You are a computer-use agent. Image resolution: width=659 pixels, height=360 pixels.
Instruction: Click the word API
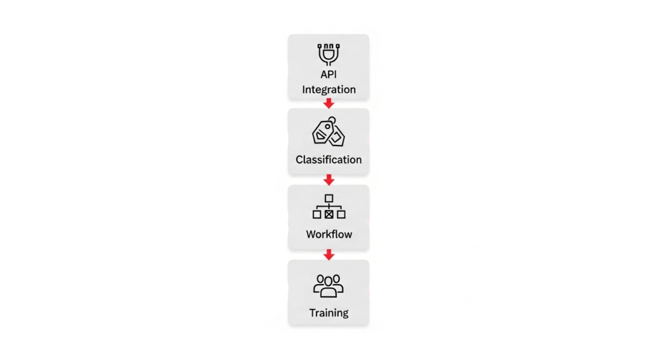329,75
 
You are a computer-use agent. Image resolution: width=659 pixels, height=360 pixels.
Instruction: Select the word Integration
329,90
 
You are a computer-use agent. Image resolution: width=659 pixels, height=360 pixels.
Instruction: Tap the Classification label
329,160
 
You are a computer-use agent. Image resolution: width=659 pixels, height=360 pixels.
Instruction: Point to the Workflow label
329,234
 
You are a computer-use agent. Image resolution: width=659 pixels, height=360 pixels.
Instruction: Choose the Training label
329,313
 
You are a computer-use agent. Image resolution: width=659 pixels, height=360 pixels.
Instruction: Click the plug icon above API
329,54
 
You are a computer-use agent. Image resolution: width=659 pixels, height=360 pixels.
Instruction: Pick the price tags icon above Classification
329,131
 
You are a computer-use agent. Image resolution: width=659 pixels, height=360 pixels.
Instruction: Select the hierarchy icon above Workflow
329,207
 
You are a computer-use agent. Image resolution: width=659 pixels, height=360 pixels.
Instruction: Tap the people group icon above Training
328,286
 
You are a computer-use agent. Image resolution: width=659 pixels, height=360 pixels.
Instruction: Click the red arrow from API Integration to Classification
329,104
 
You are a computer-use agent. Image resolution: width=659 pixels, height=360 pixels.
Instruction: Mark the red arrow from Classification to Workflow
329,180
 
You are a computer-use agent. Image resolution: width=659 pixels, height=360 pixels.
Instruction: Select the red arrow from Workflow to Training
329,254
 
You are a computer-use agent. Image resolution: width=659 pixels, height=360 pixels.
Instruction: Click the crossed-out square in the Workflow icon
329,214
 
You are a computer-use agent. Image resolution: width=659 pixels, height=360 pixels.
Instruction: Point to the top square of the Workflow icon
329,198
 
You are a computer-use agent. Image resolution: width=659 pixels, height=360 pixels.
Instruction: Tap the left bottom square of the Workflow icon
317,214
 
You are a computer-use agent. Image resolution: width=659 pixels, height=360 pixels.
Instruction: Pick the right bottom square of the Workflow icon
341,214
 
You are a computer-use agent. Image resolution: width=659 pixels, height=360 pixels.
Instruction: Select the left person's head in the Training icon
320,279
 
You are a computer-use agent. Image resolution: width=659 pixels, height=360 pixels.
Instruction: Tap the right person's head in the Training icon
336,279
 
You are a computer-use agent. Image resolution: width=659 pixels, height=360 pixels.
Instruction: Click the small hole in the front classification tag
328,126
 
